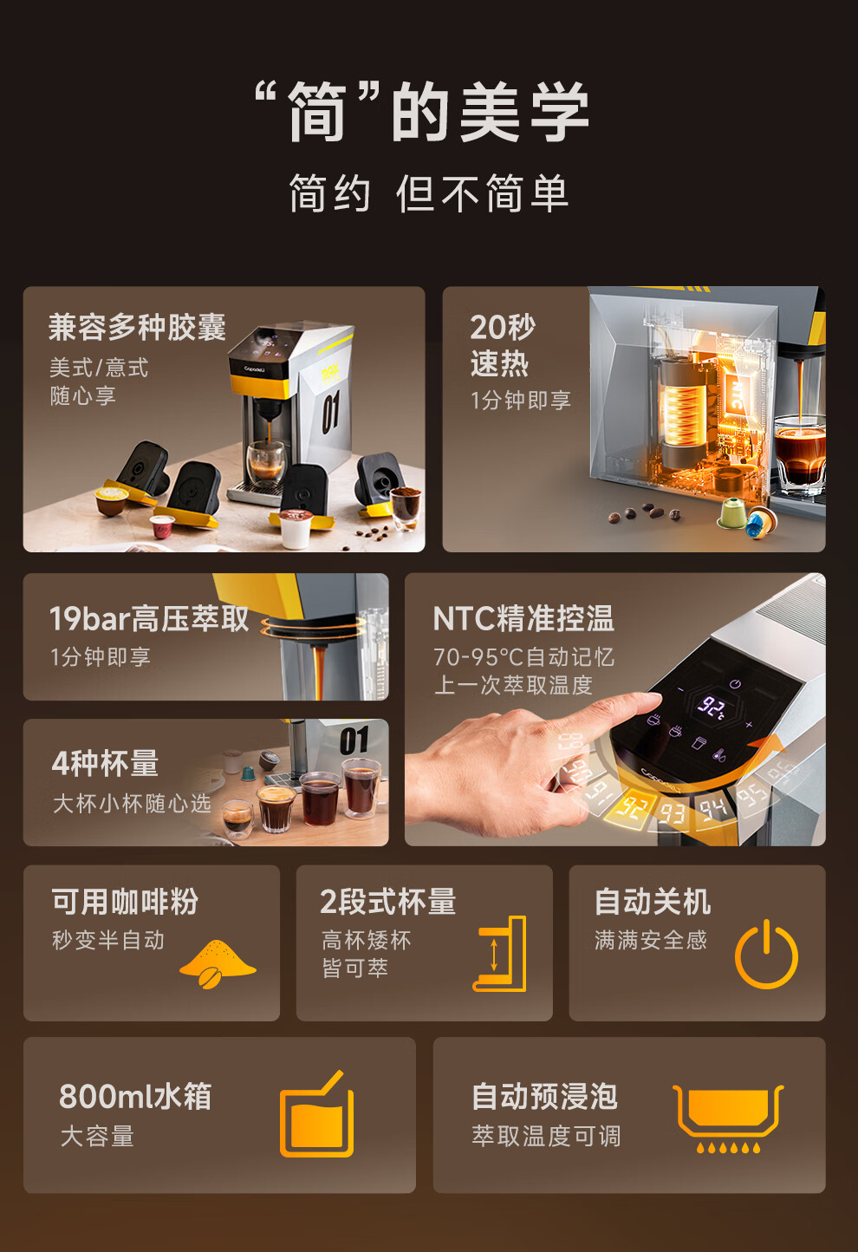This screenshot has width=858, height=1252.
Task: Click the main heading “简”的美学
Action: point(422,111)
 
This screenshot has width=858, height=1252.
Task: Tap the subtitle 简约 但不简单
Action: point(428,193)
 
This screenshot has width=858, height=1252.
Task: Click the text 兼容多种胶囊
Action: point(138,327)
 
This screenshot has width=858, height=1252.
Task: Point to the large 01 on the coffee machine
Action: point(331,412)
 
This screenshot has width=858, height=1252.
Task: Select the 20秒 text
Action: point(503,327)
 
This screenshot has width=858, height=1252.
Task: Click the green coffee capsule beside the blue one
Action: point(732,514)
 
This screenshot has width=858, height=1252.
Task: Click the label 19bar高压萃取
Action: point(149,619)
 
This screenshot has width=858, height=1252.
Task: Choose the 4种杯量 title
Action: point(105,764)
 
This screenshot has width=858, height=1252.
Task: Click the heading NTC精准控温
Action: point(523,619)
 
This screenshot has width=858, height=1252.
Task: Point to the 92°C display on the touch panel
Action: point(713,707)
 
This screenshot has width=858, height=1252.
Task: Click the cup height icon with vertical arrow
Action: point(501,954)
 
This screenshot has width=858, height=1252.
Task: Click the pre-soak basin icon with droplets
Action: point(728,1118)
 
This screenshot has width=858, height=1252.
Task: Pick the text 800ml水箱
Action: point(135,1096)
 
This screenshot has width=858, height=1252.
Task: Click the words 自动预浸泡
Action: point(544,1096)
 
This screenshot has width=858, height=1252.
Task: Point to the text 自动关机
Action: point(653,902)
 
